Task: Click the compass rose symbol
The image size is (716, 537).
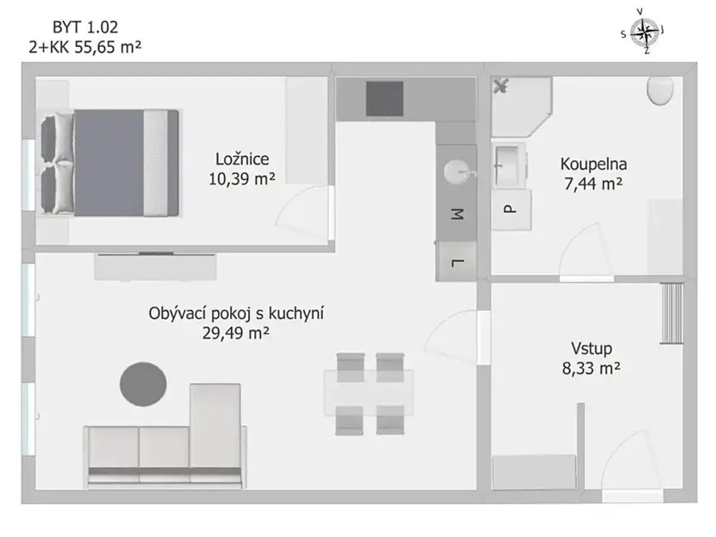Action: (644, 33)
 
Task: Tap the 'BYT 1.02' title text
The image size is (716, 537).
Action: (85, 27)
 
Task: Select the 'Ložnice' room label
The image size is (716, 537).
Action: (242, 159)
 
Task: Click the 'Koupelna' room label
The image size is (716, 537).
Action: (593, 164)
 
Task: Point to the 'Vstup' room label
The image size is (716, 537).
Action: (591, 348)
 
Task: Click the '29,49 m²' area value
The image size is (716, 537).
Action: (236, 333)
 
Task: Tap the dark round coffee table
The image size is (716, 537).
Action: (143, 384)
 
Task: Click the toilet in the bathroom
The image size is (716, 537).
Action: (660, 91)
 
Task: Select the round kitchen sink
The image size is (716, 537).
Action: (457, 172)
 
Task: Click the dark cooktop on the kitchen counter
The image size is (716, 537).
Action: (385, 99)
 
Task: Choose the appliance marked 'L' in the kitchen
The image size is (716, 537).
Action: (456, 261)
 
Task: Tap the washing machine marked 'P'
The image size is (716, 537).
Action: (511, 210)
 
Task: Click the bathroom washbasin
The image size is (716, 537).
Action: (509, 166)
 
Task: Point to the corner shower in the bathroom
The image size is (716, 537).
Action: (521, 107)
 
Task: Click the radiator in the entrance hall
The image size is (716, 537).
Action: (672, 313)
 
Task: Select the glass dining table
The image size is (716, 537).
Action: (369, 393)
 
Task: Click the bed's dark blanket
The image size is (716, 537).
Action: (109, 163)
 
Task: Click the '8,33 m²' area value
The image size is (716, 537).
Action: (591, 368)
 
